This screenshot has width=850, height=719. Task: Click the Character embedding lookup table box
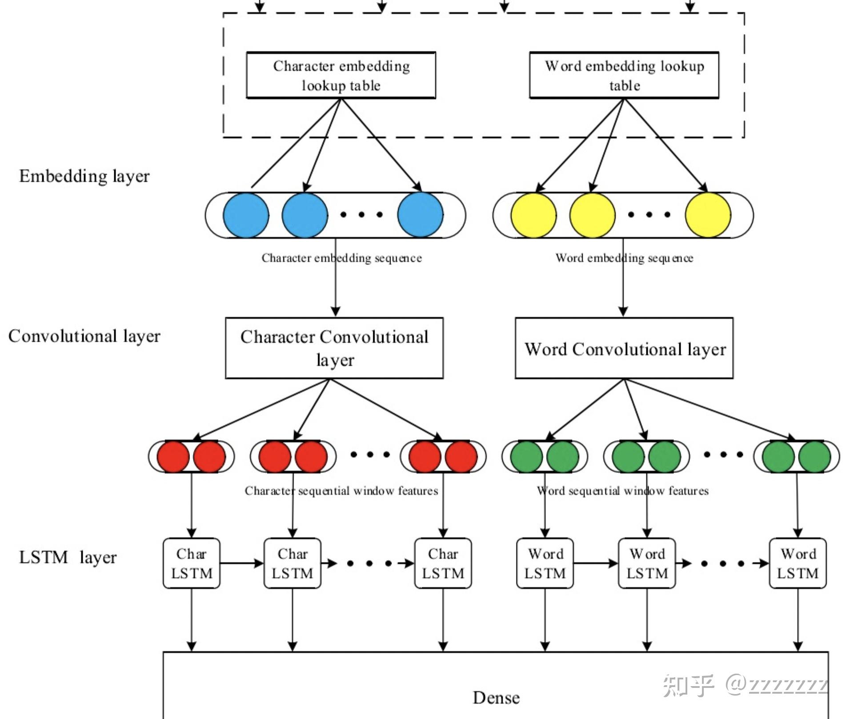[341, 75]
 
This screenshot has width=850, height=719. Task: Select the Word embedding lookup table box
[624, 75]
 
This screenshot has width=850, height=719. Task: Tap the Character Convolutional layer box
[334, 348]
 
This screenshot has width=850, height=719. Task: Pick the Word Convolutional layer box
[624, 348]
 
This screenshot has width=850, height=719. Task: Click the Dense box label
[496, 698]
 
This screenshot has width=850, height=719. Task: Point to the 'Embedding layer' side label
[84, 176]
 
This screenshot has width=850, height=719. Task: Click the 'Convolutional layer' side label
[84, 336]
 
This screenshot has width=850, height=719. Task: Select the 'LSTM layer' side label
[68, 557]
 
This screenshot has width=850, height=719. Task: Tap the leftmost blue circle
[246, 215]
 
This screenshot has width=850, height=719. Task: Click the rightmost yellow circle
[708, 215]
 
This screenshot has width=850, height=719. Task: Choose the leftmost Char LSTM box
[192, 563]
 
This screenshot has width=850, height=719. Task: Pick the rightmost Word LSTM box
[798, 563]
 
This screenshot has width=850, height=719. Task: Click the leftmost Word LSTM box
[545, 563]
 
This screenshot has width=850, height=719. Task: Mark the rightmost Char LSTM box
[443, 563]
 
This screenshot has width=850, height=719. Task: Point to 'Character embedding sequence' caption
[341, 258]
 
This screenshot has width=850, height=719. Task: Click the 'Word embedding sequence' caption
[624, 258]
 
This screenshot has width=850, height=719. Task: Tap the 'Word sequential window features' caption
[622, 491]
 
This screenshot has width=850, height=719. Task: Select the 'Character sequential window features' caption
[341, 491]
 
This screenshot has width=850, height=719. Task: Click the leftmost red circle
[173, 456]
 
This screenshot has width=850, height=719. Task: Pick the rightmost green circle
[814, 456]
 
